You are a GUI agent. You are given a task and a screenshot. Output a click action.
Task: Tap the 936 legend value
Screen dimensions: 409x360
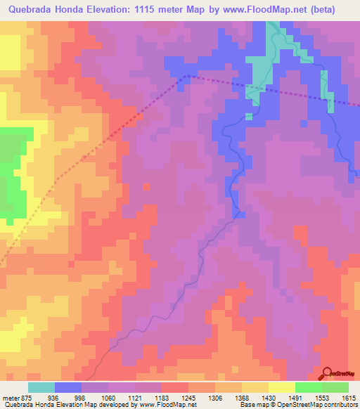point(55,397)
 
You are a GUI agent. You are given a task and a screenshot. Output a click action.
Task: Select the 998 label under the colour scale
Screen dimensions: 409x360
point(82,397)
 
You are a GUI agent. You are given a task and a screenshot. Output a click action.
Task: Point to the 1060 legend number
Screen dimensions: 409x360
point(109,397)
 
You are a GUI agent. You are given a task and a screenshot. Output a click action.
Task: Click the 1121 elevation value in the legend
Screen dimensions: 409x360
point(136,397)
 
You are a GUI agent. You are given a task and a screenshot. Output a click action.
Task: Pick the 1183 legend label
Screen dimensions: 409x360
point(162,397)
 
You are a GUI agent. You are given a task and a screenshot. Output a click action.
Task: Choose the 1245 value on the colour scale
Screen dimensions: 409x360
point(189,397)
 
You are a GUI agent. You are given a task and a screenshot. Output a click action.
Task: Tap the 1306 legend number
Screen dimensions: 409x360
point(216,397)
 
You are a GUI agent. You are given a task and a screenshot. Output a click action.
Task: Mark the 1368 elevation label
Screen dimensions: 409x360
point(243,397)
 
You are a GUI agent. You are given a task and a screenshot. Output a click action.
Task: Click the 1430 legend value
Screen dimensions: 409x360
point(269,397)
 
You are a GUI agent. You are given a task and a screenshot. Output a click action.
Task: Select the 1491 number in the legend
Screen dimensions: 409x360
point(296,397)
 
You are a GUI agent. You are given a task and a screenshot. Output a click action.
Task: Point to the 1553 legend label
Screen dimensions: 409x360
point(323,397)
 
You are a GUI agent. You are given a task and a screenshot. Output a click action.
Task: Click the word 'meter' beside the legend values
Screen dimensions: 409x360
point(10,397)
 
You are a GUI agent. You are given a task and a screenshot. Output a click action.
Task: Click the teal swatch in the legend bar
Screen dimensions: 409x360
point(41,387)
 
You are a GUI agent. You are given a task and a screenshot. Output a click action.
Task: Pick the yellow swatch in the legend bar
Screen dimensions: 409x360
point(282,387)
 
